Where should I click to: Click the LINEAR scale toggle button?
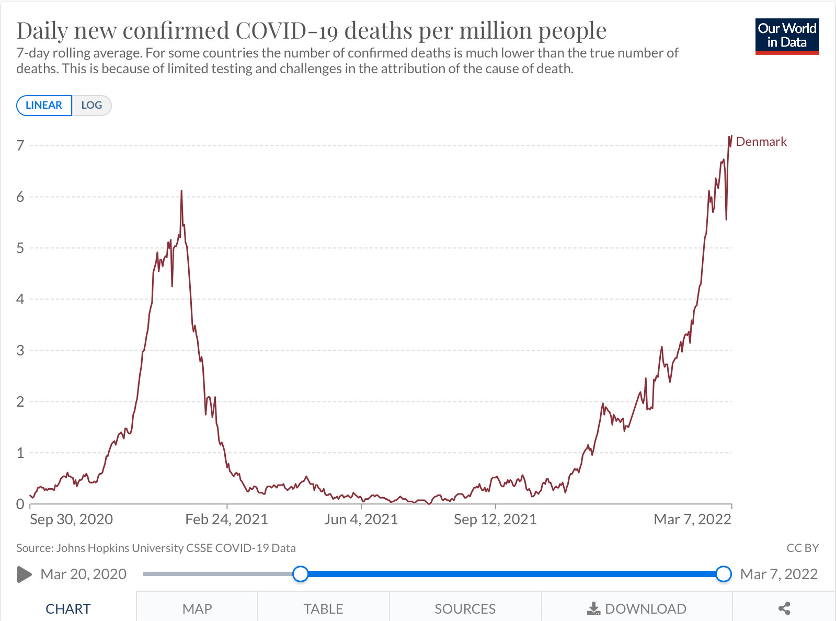[x=44, y=105]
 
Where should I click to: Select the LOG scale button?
[x=91, y=105]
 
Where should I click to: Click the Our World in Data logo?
[x=787, y=36]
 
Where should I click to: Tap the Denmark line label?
[x=761, y=142]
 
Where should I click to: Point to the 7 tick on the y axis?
[x=20, y=145]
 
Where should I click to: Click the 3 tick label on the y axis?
[x=20, y=350]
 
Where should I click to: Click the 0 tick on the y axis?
[x=20, y=504]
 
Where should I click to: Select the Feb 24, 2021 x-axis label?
[x=226, y=519]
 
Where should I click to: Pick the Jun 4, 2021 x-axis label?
[x=361, y=519]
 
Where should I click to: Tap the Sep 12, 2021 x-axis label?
[x=495, y=519]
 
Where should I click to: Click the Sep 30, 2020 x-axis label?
[x=72, y=519]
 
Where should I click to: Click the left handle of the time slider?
[x=301, y=574]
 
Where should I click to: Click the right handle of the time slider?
[x=724, y=574]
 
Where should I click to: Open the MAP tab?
[x=197, y=608]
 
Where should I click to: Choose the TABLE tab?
[x=323, y=608]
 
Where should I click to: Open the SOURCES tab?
[x=465, y=608]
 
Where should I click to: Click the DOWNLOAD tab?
[x=637, y=608]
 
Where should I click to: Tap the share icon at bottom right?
[x=784, y=608]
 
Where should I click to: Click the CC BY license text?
[x=803, y=548]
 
